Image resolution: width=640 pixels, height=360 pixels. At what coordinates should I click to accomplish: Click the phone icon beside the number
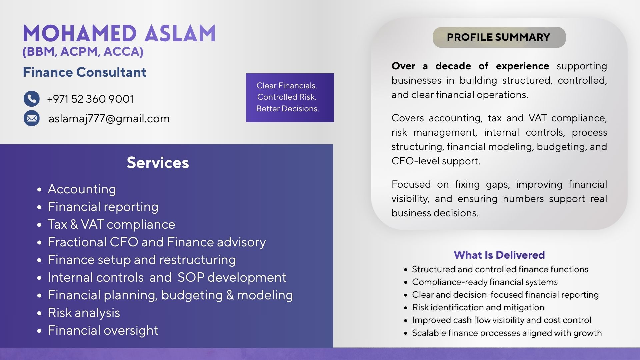(x=32, y=99)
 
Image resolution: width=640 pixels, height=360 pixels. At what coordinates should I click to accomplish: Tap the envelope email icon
(x=32, y=118)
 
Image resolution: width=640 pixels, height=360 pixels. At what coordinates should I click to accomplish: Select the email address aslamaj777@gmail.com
(x=109, y=119)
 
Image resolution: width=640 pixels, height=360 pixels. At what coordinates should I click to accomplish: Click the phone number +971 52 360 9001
(x=90, y=99)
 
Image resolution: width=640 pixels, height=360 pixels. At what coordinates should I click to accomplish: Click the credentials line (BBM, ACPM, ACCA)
(x=83, y=52)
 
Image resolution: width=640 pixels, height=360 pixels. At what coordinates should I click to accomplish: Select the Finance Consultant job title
(x=84, y=72)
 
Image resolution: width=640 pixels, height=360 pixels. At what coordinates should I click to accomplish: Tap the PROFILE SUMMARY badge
(x=499, y=37)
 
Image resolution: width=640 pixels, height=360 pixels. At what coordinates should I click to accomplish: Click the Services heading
(x=158, y=163)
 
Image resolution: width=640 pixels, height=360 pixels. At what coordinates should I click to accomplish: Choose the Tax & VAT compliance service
(x=111, y=224)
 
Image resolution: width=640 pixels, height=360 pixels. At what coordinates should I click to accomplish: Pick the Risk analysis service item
(x=84, y=313)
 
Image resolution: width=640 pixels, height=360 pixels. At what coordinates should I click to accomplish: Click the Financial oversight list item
(x=103, y=330)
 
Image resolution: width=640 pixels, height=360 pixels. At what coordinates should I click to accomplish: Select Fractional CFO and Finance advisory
(x=157, y=242)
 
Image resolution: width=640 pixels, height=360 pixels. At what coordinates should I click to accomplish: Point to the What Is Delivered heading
(x=499, y=255)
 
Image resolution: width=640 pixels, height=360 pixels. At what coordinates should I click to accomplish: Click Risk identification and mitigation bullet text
(x=478, y=307)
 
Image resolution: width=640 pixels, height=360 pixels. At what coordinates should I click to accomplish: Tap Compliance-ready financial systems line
(x=485, y=282)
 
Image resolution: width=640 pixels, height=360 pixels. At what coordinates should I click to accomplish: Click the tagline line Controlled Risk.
(x=287, y=97)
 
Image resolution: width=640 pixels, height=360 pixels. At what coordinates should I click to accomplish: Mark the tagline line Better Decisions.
(x=287, y=109)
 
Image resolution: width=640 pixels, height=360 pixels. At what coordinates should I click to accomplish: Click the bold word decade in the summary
(x=453, y=66)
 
